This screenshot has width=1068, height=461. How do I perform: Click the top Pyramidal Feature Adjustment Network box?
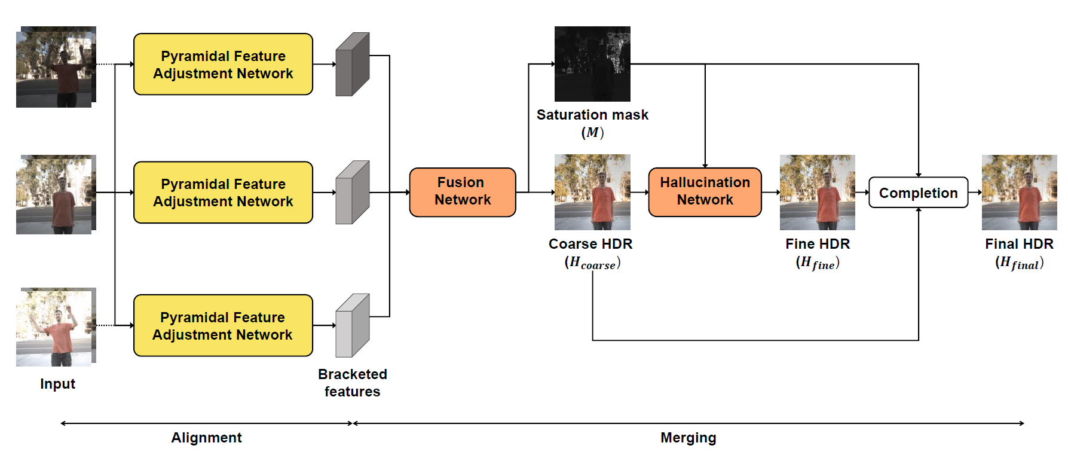[x=223, y=64]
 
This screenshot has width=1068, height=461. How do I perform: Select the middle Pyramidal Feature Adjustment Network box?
[x=223, y=192]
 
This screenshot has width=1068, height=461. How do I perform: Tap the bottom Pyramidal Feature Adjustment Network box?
[x=223, y=325]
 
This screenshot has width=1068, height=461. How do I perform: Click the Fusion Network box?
[x=463, y=192]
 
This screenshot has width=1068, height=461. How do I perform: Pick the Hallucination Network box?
[x=705, y=192]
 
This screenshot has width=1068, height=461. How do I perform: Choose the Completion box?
[x=918, y=193]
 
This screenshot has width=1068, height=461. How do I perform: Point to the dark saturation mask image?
[x=592, y=64]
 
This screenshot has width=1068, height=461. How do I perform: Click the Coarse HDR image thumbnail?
[x=592, y=192]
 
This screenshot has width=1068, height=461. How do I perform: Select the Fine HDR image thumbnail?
[x=818, y=193]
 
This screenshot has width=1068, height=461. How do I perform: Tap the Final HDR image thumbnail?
[x=1020, y=193]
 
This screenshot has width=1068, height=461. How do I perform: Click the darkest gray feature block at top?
[x=353, y=64]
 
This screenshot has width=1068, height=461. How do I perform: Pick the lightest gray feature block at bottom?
[x=353, y=325]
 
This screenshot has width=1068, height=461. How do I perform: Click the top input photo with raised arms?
[x=56, y=67]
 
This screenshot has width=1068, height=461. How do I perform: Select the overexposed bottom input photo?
[x=56, y=327]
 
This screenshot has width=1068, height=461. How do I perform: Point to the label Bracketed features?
[x=353, y=383]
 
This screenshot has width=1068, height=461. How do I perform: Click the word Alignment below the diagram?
[x=207, y=438]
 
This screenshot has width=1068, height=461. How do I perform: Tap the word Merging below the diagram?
[x=688, y=438]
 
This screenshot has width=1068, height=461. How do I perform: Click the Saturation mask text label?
[x=592, y=115]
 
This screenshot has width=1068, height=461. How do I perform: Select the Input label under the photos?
[x=57, y=384]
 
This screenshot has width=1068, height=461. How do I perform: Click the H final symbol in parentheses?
[x=1020, y=262]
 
